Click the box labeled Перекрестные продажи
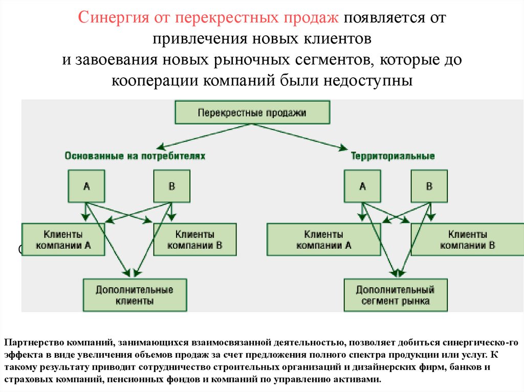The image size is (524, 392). click(252, 112)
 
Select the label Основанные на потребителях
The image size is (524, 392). click(135, 156)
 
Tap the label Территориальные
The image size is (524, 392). click(393, 156)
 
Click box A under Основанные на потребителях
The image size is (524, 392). click(86, 187)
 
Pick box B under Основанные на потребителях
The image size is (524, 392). click(171, 187)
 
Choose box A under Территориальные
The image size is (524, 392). click(362, 187)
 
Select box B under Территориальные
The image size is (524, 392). click(429, 187)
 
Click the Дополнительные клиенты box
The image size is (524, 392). click(135, 295)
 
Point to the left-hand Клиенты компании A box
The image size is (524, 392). click(63, 239)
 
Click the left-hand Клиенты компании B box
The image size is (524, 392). click(194, 239)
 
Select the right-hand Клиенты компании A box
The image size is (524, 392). click(323, 239)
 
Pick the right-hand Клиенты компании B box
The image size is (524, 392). click(467, 239)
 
